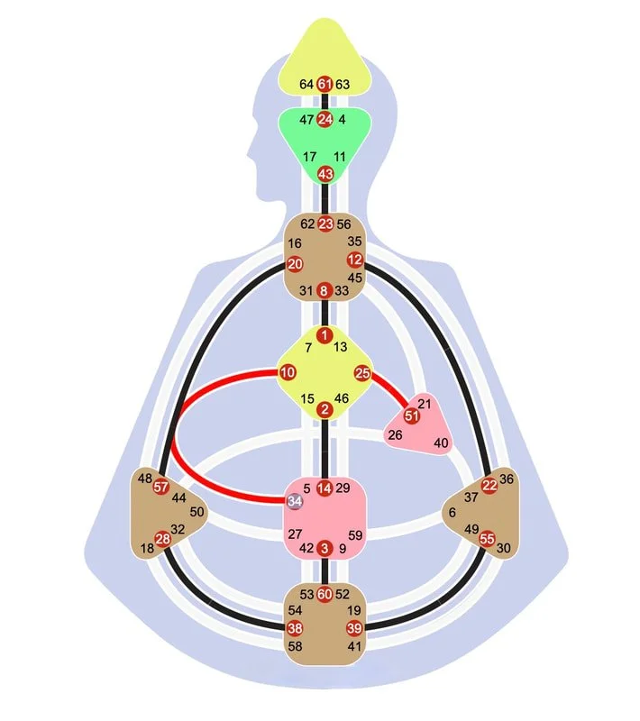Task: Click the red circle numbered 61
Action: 325,84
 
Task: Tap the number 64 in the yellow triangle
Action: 306,84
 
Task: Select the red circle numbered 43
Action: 325,174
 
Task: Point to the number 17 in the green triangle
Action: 309,157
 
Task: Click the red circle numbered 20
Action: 295,264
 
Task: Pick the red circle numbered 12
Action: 354,260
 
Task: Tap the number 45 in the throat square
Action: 354,278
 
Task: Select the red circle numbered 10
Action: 288,372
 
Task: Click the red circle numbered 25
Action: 362,373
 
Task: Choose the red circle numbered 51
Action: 412,416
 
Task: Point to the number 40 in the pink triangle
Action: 441,443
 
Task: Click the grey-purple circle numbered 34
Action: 295,501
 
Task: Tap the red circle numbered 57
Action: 161,487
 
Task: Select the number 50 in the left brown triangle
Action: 197,512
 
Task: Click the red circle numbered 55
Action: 487,538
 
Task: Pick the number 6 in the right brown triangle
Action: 453,512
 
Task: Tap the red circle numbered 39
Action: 354,628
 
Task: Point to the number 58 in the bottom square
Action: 295,646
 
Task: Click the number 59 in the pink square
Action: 355,535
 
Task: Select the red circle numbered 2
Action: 325,409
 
